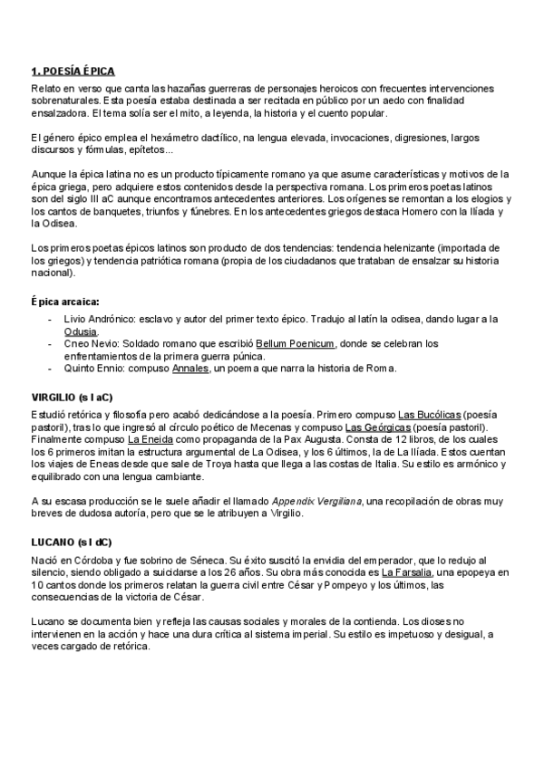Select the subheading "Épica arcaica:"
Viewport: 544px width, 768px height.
(x=65, y=301)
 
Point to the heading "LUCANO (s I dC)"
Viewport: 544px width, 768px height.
(x=72, y=541)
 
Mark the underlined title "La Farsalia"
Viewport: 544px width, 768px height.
(x=407, y=572)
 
